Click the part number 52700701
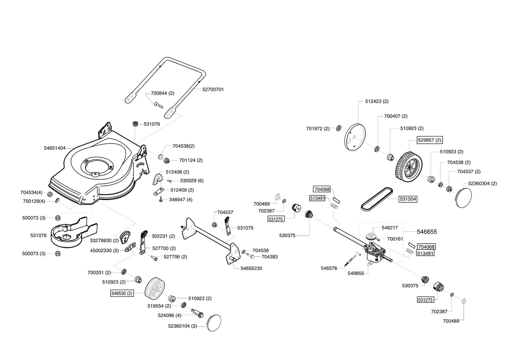pos(213,89)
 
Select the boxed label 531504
pos(408,199)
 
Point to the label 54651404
pos(55,148)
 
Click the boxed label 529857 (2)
pos(430,140)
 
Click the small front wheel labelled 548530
pos(155,287)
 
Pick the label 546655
pos(427,232)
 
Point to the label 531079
pos(152,124)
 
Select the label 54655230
pos(251,268)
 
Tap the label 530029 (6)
pos(192,181)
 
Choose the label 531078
pos(38,235)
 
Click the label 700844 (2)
pos(163,93)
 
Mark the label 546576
pos(329,268)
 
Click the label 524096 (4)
pos(169,315)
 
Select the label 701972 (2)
pos(318,128)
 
